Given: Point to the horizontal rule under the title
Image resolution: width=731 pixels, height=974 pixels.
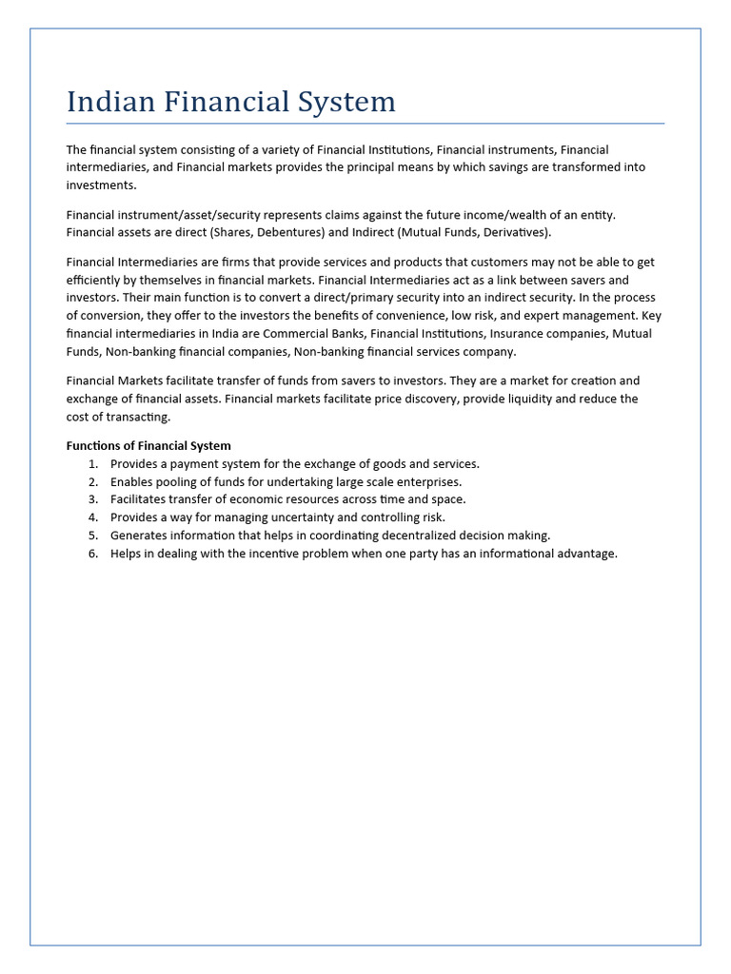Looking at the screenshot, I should click(x=365, y=123).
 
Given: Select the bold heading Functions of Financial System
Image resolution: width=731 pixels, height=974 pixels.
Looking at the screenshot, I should click(x=148, y=445).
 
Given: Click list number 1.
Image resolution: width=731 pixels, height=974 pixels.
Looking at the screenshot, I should click(x=93, y=463).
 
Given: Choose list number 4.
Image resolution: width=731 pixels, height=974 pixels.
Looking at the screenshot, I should click(x=93, y=517).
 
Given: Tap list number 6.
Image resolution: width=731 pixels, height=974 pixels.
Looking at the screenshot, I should click(x=93, y=554).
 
